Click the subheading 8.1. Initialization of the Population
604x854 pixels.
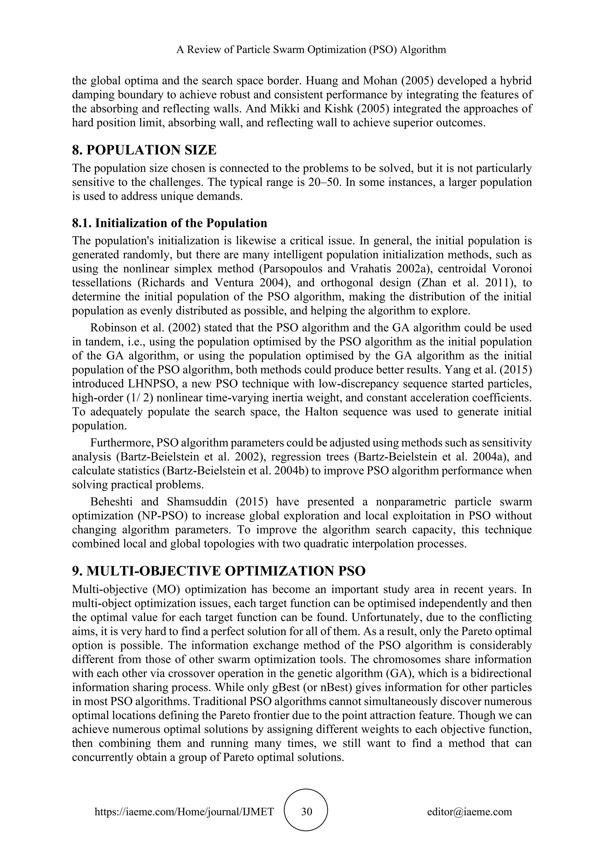(x=170, y=223)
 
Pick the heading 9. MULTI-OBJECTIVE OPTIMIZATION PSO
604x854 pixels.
(x=219, y=571)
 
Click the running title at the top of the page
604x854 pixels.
(x=311, y=50)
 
